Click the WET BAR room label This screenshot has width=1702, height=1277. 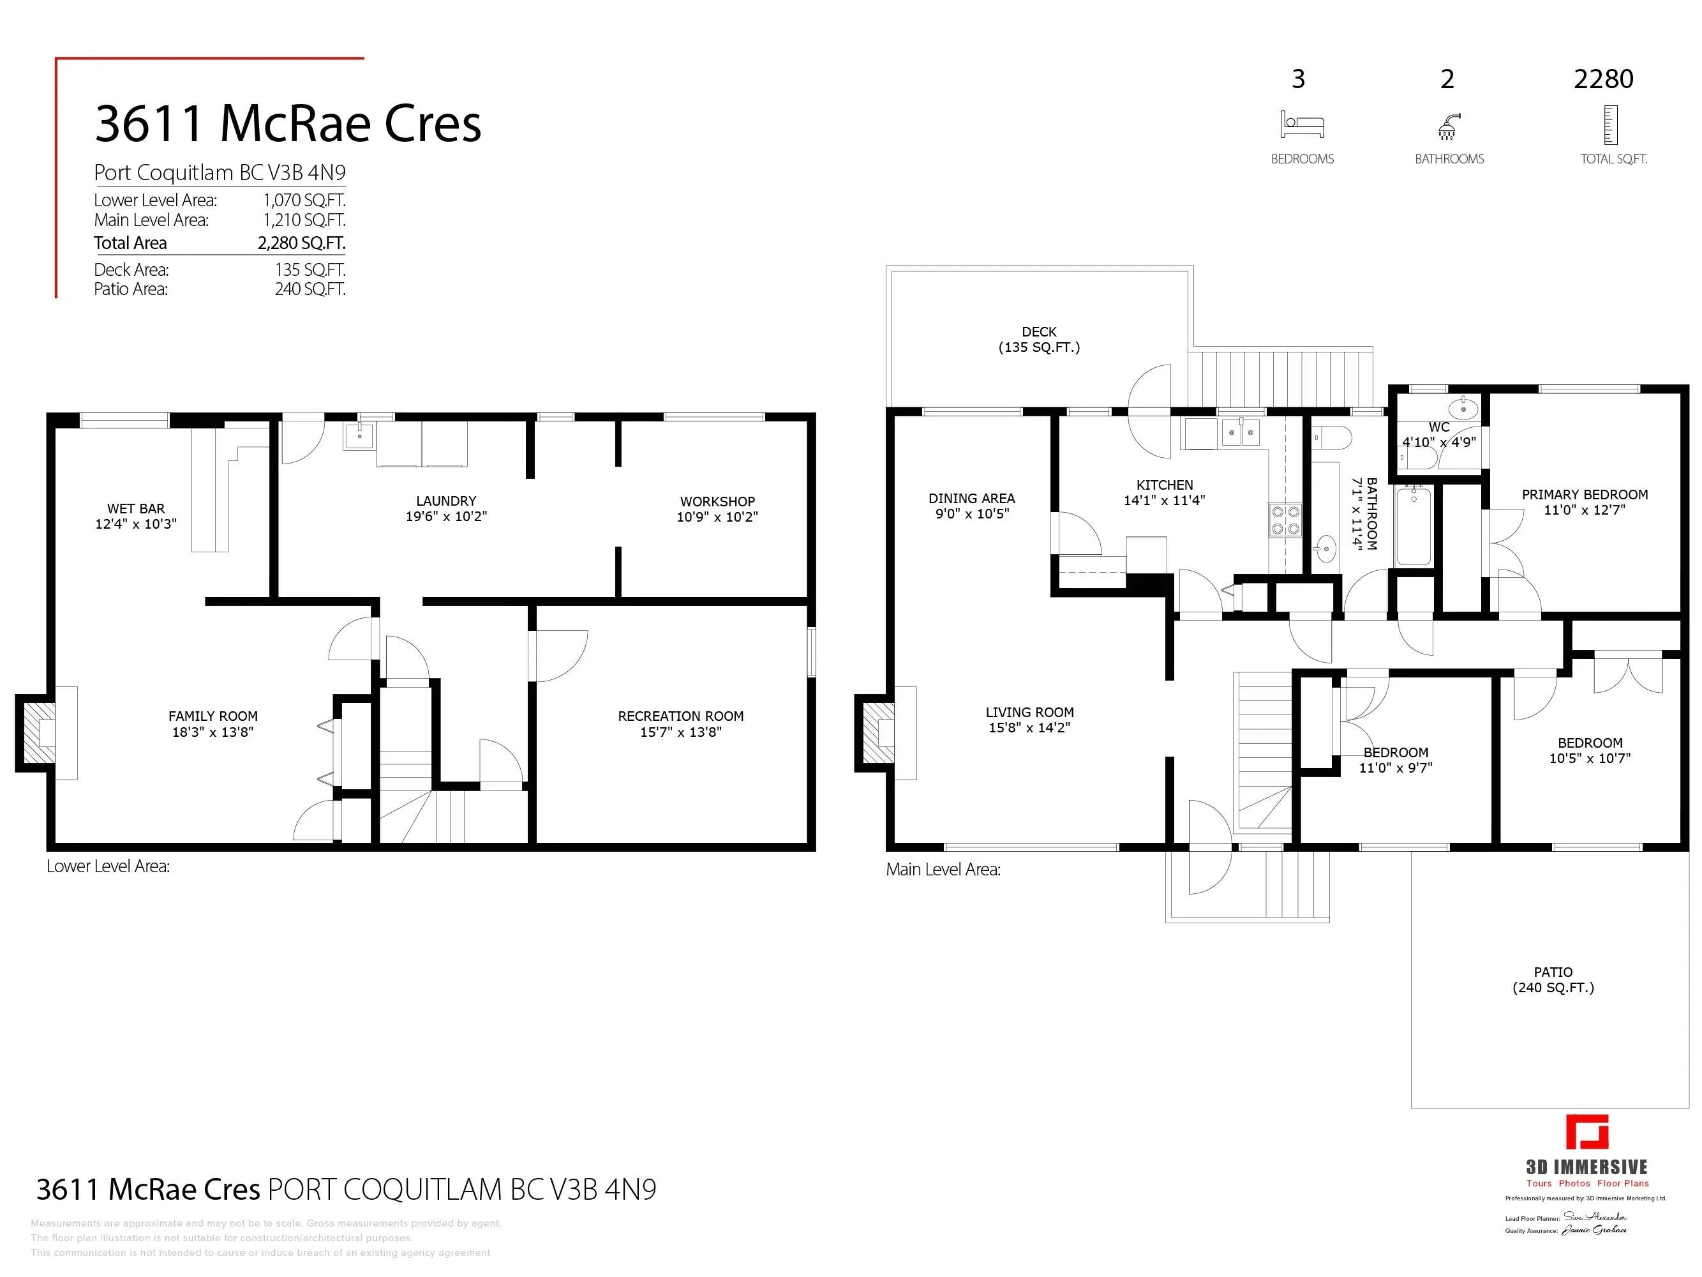click(135, 509)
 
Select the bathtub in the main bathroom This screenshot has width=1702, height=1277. click(1414, 525)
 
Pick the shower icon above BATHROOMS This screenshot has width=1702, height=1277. click(1449, 126)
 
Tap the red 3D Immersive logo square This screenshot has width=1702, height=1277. click(1586, 1132)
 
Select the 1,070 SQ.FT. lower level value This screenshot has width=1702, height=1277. click(304, 200)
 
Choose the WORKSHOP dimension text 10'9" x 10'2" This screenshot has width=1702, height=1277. click(717, 517)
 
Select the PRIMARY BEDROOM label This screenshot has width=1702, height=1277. click(1585, 495)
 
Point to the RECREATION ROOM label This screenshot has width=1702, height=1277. click(680, 716)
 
